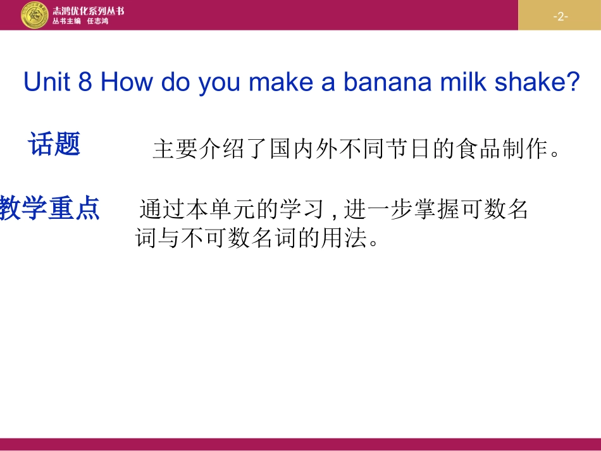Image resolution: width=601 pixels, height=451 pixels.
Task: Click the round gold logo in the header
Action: [34, 15]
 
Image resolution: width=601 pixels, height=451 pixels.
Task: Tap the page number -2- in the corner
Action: [560, 16]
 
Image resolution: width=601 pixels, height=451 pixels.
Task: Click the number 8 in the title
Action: [86, 82]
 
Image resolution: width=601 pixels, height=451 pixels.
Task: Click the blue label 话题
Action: [54, 144]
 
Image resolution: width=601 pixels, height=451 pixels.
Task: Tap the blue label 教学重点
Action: [50, 208]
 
